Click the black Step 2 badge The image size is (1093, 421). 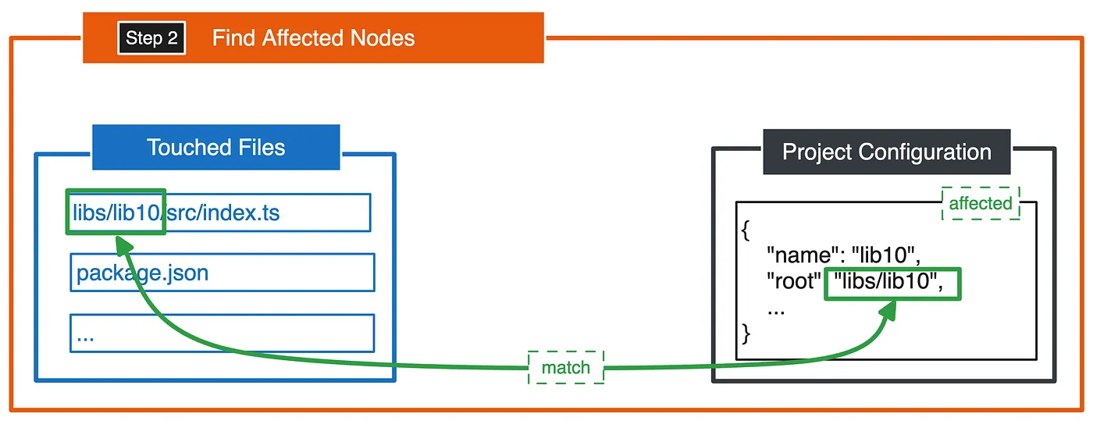151,37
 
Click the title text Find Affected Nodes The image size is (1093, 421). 313,37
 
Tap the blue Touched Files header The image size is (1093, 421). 216,147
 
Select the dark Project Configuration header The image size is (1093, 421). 887,152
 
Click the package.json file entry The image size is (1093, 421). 223,273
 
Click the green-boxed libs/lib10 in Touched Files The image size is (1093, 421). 116,212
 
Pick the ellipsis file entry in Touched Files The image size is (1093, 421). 223,333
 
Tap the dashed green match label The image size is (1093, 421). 566,367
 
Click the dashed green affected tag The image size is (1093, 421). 981,203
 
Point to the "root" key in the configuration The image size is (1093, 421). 793,281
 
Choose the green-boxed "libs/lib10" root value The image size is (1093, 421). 892,284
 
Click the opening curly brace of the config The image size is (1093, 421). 745,230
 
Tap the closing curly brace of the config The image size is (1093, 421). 746,334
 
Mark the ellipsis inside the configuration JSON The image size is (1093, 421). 776,312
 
